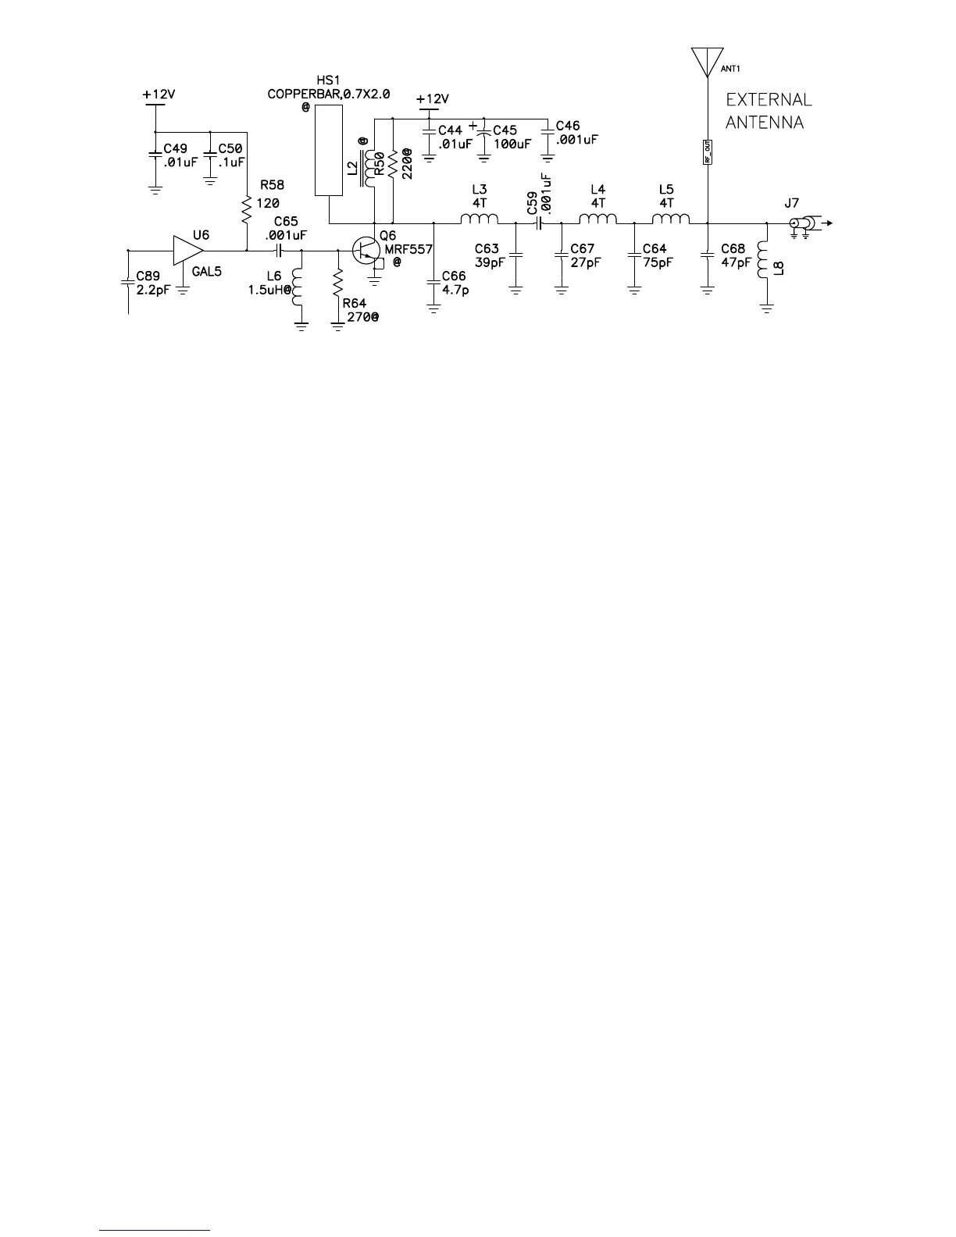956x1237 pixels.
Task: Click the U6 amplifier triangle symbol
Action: click(187, 251)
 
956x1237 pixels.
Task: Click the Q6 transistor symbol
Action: click(366, 251)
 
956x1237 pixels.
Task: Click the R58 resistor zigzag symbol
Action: click(247, 208)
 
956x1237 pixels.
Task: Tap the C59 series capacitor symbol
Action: click(538, 223)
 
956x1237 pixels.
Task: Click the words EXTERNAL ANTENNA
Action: click(769, 111)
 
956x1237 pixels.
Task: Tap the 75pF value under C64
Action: click(658, 262)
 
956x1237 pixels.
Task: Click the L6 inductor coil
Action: click(298, 287)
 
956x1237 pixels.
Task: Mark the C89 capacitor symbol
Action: click(127, 282)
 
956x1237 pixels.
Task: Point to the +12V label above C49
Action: click(159, 94)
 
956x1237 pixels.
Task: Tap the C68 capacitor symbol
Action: click(707, 255)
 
